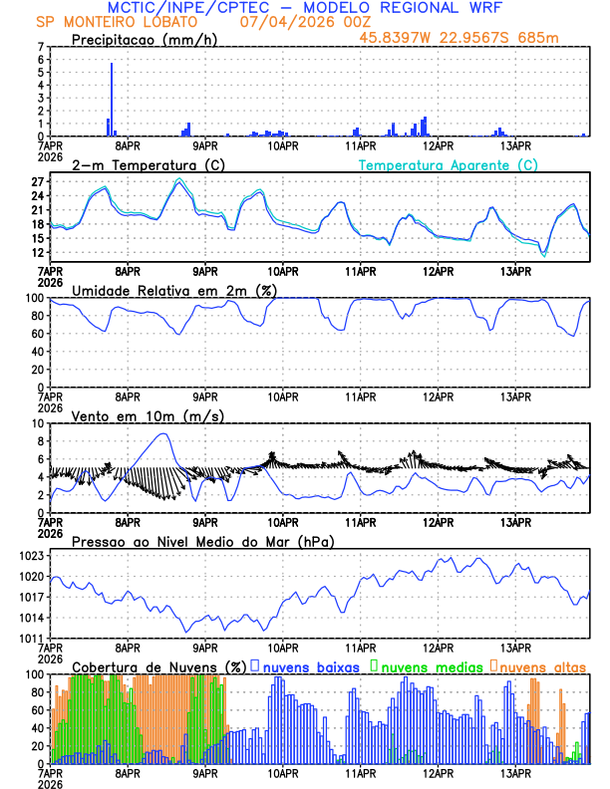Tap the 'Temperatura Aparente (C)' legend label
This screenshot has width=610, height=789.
pyautogui.click(x=448, y=164)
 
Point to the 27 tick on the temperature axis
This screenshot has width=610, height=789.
pyautogui.click(x=38, y=182)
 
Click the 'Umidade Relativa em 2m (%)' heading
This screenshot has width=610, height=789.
pyautogui.click(x=172, y=290)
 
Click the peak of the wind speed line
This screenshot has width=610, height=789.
pyautogui.click(x=164, y=434)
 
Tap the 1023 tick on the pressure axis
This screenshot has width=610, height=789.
pyautogui.click(x=33, y=556)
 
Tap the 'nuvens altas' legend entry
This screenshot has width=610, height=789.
pyautogui.click(x=542, y=665)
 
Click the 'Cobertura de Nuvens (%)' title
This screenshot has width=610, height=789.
pyautogui.click(x=158, y=665)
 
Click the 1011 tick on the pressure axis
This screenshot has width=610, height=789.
pyautogui.click(x=33, y=638)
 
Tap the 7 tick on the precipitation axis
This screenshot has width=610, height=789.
pyautogui.click(x=40, y=47)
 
